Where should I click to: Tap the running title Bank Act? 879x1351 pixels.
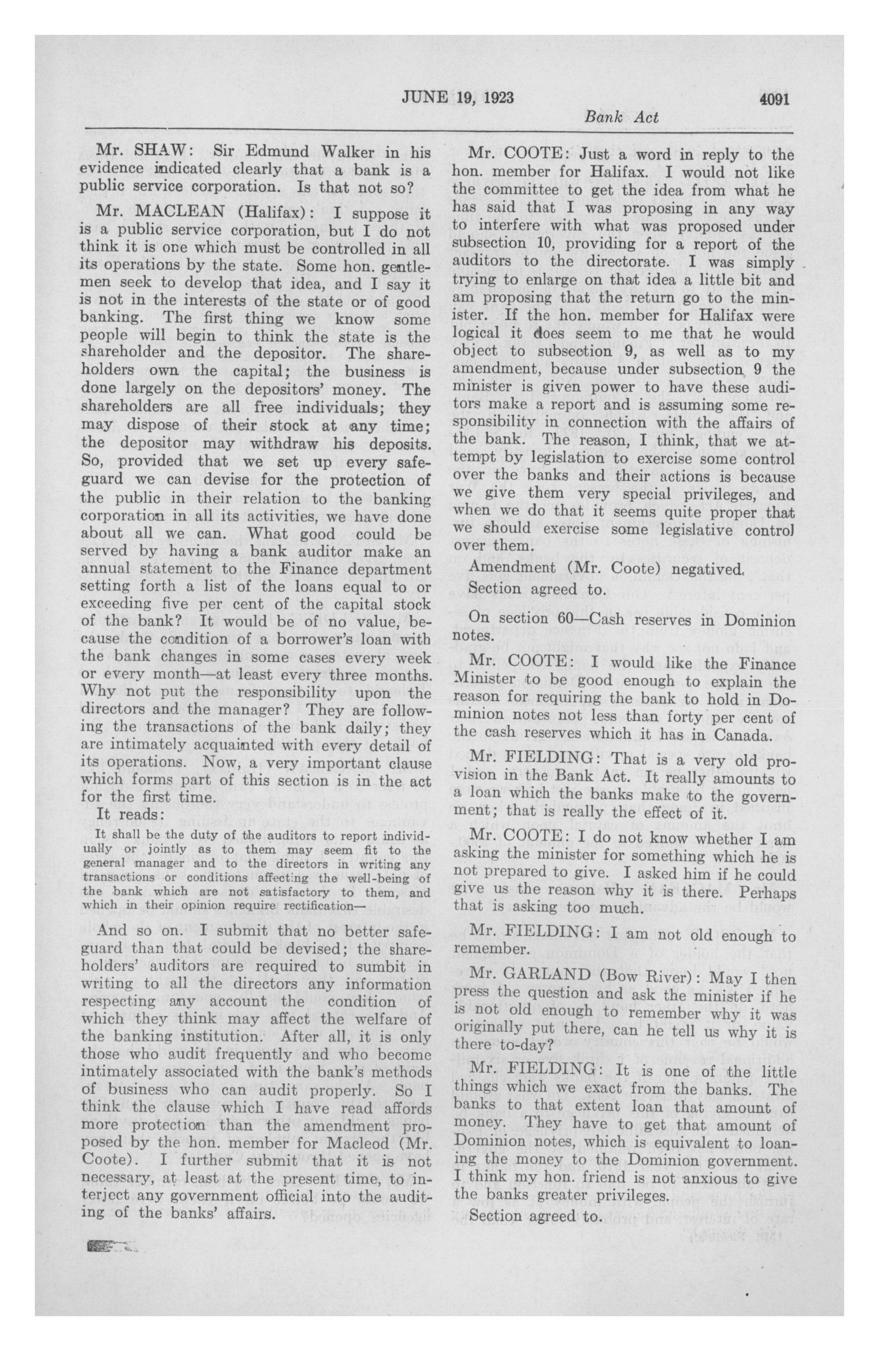[621, 118]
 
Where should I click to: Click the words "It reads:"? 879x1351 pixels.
[131, 814]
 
